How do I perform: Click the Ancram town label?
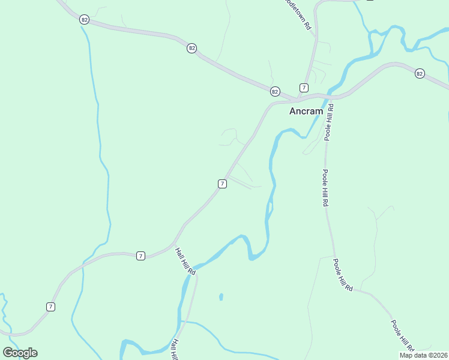pos(306,111)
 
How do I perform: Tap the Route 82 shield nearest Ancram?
pos(274,91)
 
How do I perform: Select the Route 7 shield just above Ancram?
pos(304,88)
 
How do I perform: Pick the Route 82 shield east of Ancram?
pos(419,73)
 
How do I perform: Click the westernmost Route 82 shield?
pos(84,20)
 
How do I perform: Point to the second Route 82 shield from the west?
pos(191,48)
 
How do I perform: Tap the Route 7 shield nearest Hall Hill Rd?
pos(140,256)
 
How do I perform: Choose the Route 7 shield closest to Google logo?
pos(50,307)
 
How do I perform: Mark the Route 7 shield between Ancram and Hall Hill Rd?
pos(222,184)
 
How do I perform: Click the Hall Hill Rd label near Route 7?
pos(185,262)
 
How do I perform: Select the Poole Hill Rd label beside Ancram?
pos(329,122)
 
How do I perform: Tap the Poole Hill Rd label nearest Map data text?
pos(403,336)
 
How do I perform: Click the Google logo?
pos(20,353)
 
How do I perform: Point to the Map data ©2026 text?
pos(423,355)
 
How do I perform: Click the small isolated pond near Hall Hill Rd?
pos(221,296)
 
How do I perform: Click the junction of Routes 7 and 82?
pos(298,98)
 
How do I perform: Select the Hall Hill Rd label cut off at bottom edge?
pos(175,349)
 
